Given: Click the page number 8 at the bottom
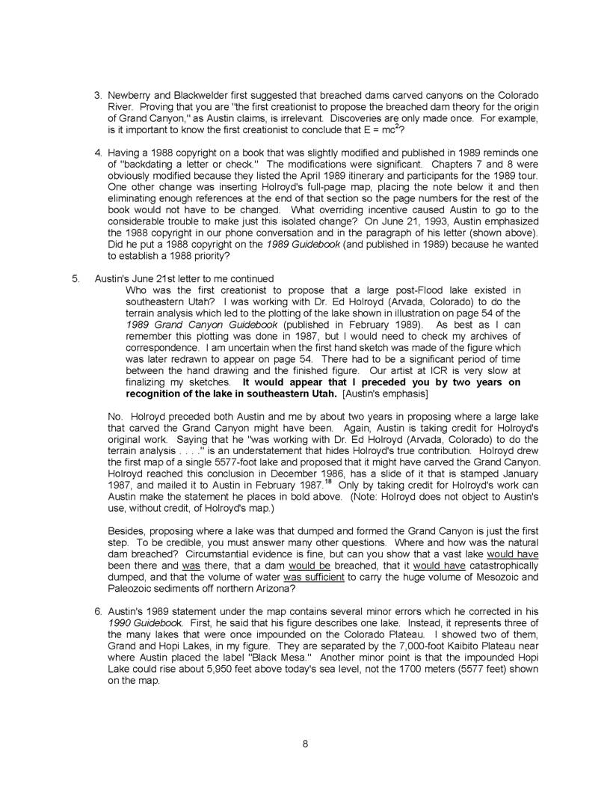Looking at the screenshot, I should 305,744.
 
